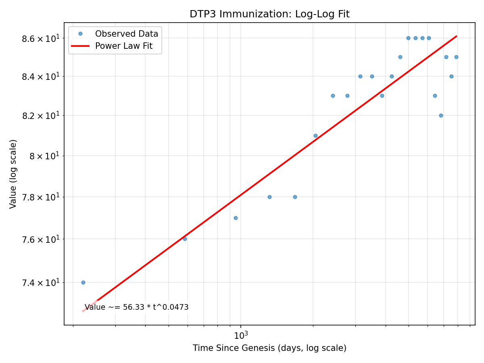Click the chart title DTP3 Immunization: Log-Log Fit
point(269,14)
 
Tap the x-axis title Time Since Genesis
point(269,348)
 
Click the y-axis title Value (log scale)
point(13,174)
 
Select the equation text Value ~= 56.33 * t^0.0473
point(137,307)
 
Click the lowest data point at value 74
point(83,282)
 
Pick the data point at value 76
point(185,239)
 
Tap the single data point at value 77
point(236,218)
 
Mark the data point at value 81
point(315,136)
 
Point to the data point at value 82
point(441,115)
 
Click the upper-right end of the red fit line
point(456,36)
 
